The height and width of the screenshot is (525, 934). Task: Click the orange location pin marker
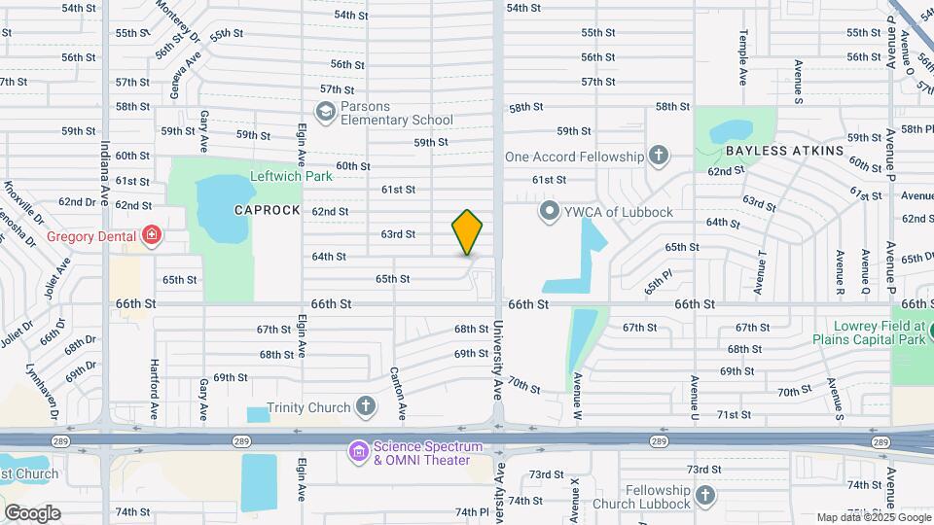(x=468, y=232)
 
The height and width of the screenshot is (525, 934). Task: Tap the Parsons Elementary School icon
(x=325, y=113)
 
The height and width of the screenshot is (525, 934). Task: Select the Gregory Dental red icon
(x=150, y=234)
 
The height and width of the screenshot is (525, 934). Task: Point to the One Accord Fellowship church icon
(x=659, y=156)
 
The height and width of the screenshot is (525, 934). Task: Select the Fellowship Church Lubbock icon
(x=705, y=496)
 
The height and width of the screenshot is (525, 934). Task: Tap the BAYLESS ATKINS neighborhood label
(x=784, y=152)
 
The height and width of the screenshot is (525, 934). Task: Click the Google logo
(x=32, y=513)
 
